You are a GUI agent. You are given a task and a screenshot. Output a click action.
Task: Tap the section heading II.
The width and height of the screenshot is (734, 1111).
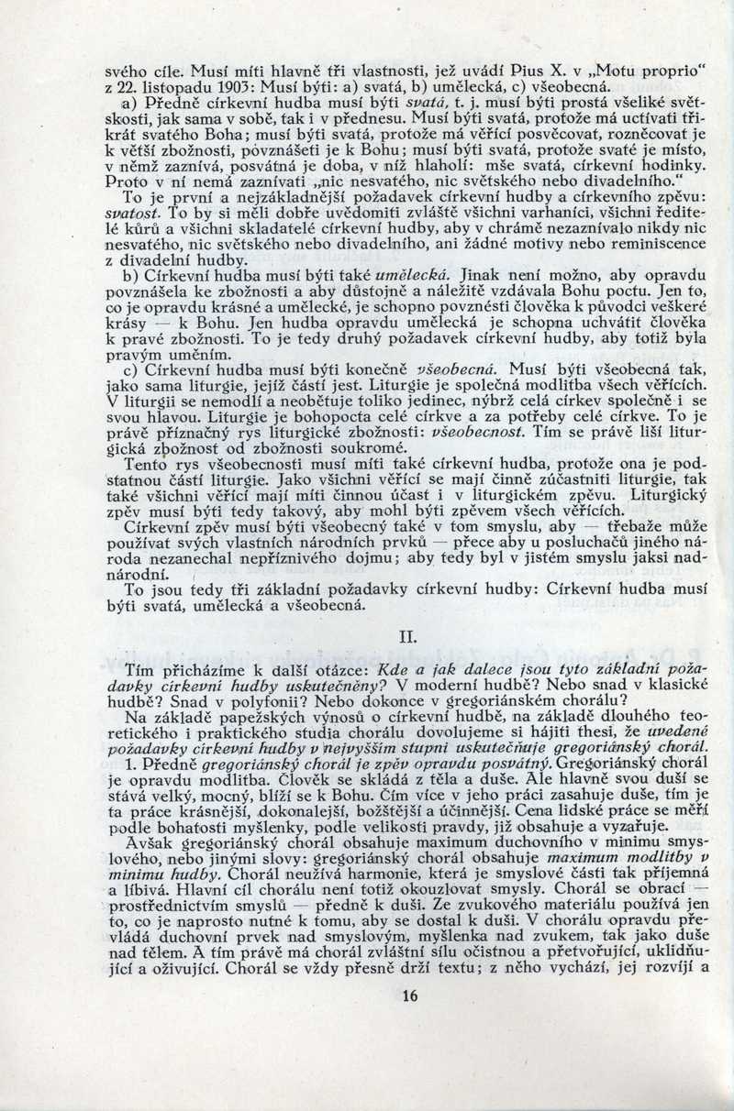click(409, 633)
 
